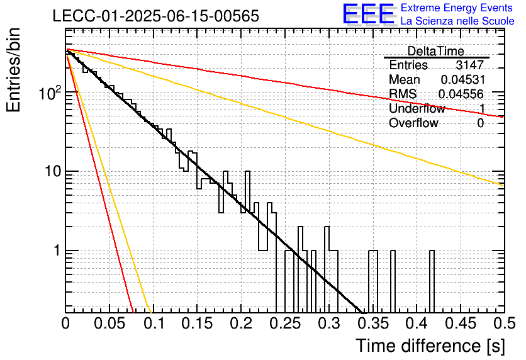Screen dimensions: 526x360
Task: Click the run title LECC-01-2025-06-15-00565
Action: point(156,16)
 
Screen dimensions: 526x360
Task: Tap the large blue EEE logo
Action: point(369,14)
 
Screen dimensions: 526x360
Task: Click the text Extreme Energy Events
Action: point(457,8)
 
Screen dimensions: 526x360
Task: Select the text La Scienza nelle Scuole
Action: point(457,21)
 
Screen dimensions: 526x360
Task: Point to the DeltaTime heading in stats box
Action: point(436,51)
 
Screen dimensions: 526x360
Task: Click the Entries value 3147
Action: point(469,65)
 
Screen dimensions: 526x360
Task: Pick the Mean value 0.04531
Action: point(463,79)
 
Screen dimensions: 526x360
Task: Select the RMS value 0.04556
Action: point(461,94)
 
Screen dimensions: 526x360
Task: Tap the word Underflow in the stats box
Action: point(417,108)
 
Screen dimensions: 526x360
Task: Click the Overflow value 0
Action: point(480,123)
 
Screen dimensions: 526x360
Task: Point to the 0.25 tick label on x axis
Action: point(285,323)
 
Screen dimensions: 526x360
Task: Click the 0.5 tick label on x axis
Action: point(504,323)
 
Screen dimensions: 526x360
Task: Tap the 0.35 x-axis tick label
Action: point(373,323)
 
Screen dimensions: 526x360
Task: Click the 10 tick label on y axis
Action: point(53,171)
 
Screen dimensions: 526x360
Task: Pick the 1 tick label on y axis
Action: point(57,250)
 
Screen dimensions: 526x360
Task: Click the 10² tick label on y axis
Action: point(50,93)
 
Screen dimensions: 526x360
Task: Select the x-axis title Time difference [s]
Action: point(430,346)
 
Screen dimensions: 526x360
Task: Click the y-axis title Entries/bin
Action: point(13,70)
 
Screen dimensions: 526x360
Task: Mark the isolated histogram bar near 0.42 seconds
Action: point(432,282)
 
